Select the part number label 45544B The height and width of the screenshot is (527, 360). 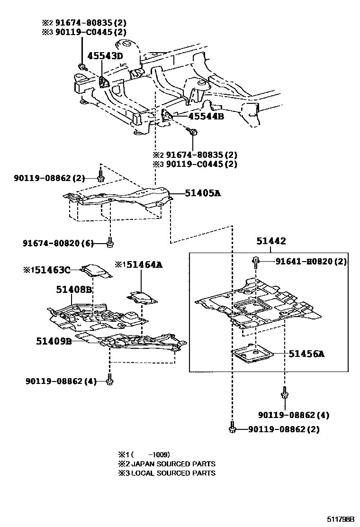coord(206,116)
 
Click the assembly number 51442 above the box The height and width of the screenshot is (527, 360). coord(271,241)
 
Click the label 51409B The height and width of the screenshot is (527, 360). coord(54,340)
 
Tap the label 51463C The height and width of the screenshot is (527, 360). coord(51,270)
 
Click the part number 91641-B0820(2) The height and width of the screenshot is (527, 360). coord(311,261)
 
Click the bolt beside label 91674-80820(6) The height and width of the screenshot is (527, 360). coord(110,243)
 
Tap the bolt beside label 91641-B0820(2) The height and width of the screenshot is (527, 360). coord(256,260)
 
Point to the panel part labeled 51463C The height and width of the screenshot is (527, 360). coord(97,271)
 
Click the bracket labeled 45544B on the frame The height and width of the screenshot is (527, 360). coord(167,116)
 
